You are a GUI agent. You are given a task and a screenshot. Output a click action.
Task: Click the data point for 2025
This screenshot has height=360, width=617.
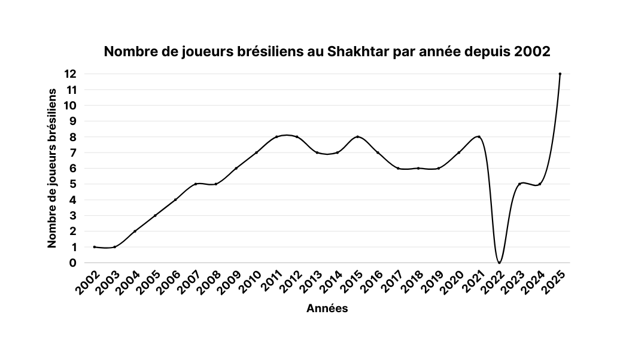[x=560, y=74]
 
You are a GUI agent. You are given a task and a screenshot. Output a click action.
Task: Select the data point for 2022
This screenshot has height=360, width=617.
[x=499, y=263]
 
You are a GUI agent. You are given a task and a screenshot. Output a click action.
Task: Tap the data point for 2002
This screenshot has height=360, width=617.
[x=95, y=247]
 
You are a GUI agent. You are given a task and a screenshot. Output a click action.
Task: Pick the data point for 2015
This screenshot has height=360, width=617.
[x=357, y=137]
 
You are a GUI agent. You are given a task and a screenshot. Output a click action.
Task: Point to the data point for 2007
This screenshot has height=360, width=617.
[x=196, y=184]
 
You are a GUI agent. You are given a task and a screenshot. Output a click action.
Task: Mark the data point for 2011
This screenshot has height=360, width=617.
[x=276, y=137]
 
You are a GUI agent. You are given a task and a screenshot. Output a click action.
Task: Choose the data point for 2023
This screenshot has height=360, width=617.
[x=519, y=184]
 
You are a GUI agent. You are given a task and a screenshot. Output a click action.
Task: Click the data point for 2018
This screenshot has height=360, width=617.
[x=418, y=168]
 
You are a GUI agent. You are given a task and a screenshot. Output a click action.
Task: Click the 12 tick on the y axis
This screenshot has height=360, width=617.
[x=71, y=74]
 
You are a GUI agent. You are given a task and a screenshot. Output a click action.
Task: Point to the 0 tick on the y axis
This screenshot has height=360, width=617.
[x=74, y=263]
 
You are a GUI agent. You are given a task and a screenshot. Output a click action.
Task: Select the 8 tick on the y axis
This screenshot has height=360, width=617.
[x=74, y=137]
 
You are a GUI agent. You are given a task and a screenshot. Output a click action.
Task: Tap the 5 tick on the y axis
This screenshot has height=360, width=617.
[x=74, y=184]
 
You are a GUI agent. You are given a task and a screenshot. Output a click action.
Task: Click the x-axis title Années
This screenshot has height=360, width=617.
[x=327, y=309]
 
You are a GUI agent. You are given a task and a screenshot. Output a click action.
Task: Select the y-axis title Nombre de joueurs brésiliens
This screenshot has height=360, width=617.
[x=53, y=168]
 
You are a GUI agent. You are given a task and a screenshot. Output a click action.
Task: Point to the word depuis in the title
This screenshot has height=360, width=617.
[x=486, y=52]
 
